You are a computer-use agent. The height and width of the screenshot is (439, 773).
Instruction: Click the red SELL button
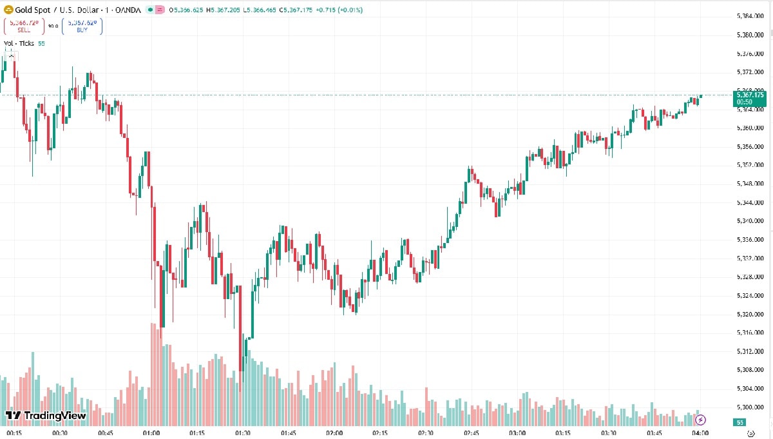24,26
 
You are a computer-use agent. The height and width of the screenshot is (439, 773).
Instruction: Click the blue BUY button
82,26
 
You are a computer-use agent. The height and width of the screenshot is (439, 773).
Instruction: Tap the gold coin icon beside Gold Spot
8,10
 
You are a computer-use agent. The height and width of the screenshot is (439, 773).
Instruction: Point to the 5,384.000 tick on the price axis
750,15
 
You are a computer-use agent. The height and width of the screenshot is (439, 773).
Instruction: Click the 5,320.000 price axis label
750,315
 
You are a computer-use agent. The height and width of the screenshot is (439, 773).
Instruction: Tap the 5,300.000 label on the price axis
750,407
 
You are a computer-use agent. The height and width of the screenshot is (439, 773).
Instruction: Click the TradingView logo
46,416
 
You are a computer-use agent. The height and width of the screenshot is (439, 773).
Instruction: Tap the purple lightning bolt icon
701,420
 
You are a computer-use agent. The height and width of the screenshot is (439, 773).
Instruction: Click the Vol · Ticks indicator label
19,43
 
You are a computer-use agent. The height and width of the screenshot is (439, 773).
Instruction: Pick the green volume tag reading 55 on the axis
740,422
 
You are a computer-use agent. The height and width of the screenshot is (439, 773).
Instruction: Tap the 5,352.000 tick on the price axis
750,165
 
